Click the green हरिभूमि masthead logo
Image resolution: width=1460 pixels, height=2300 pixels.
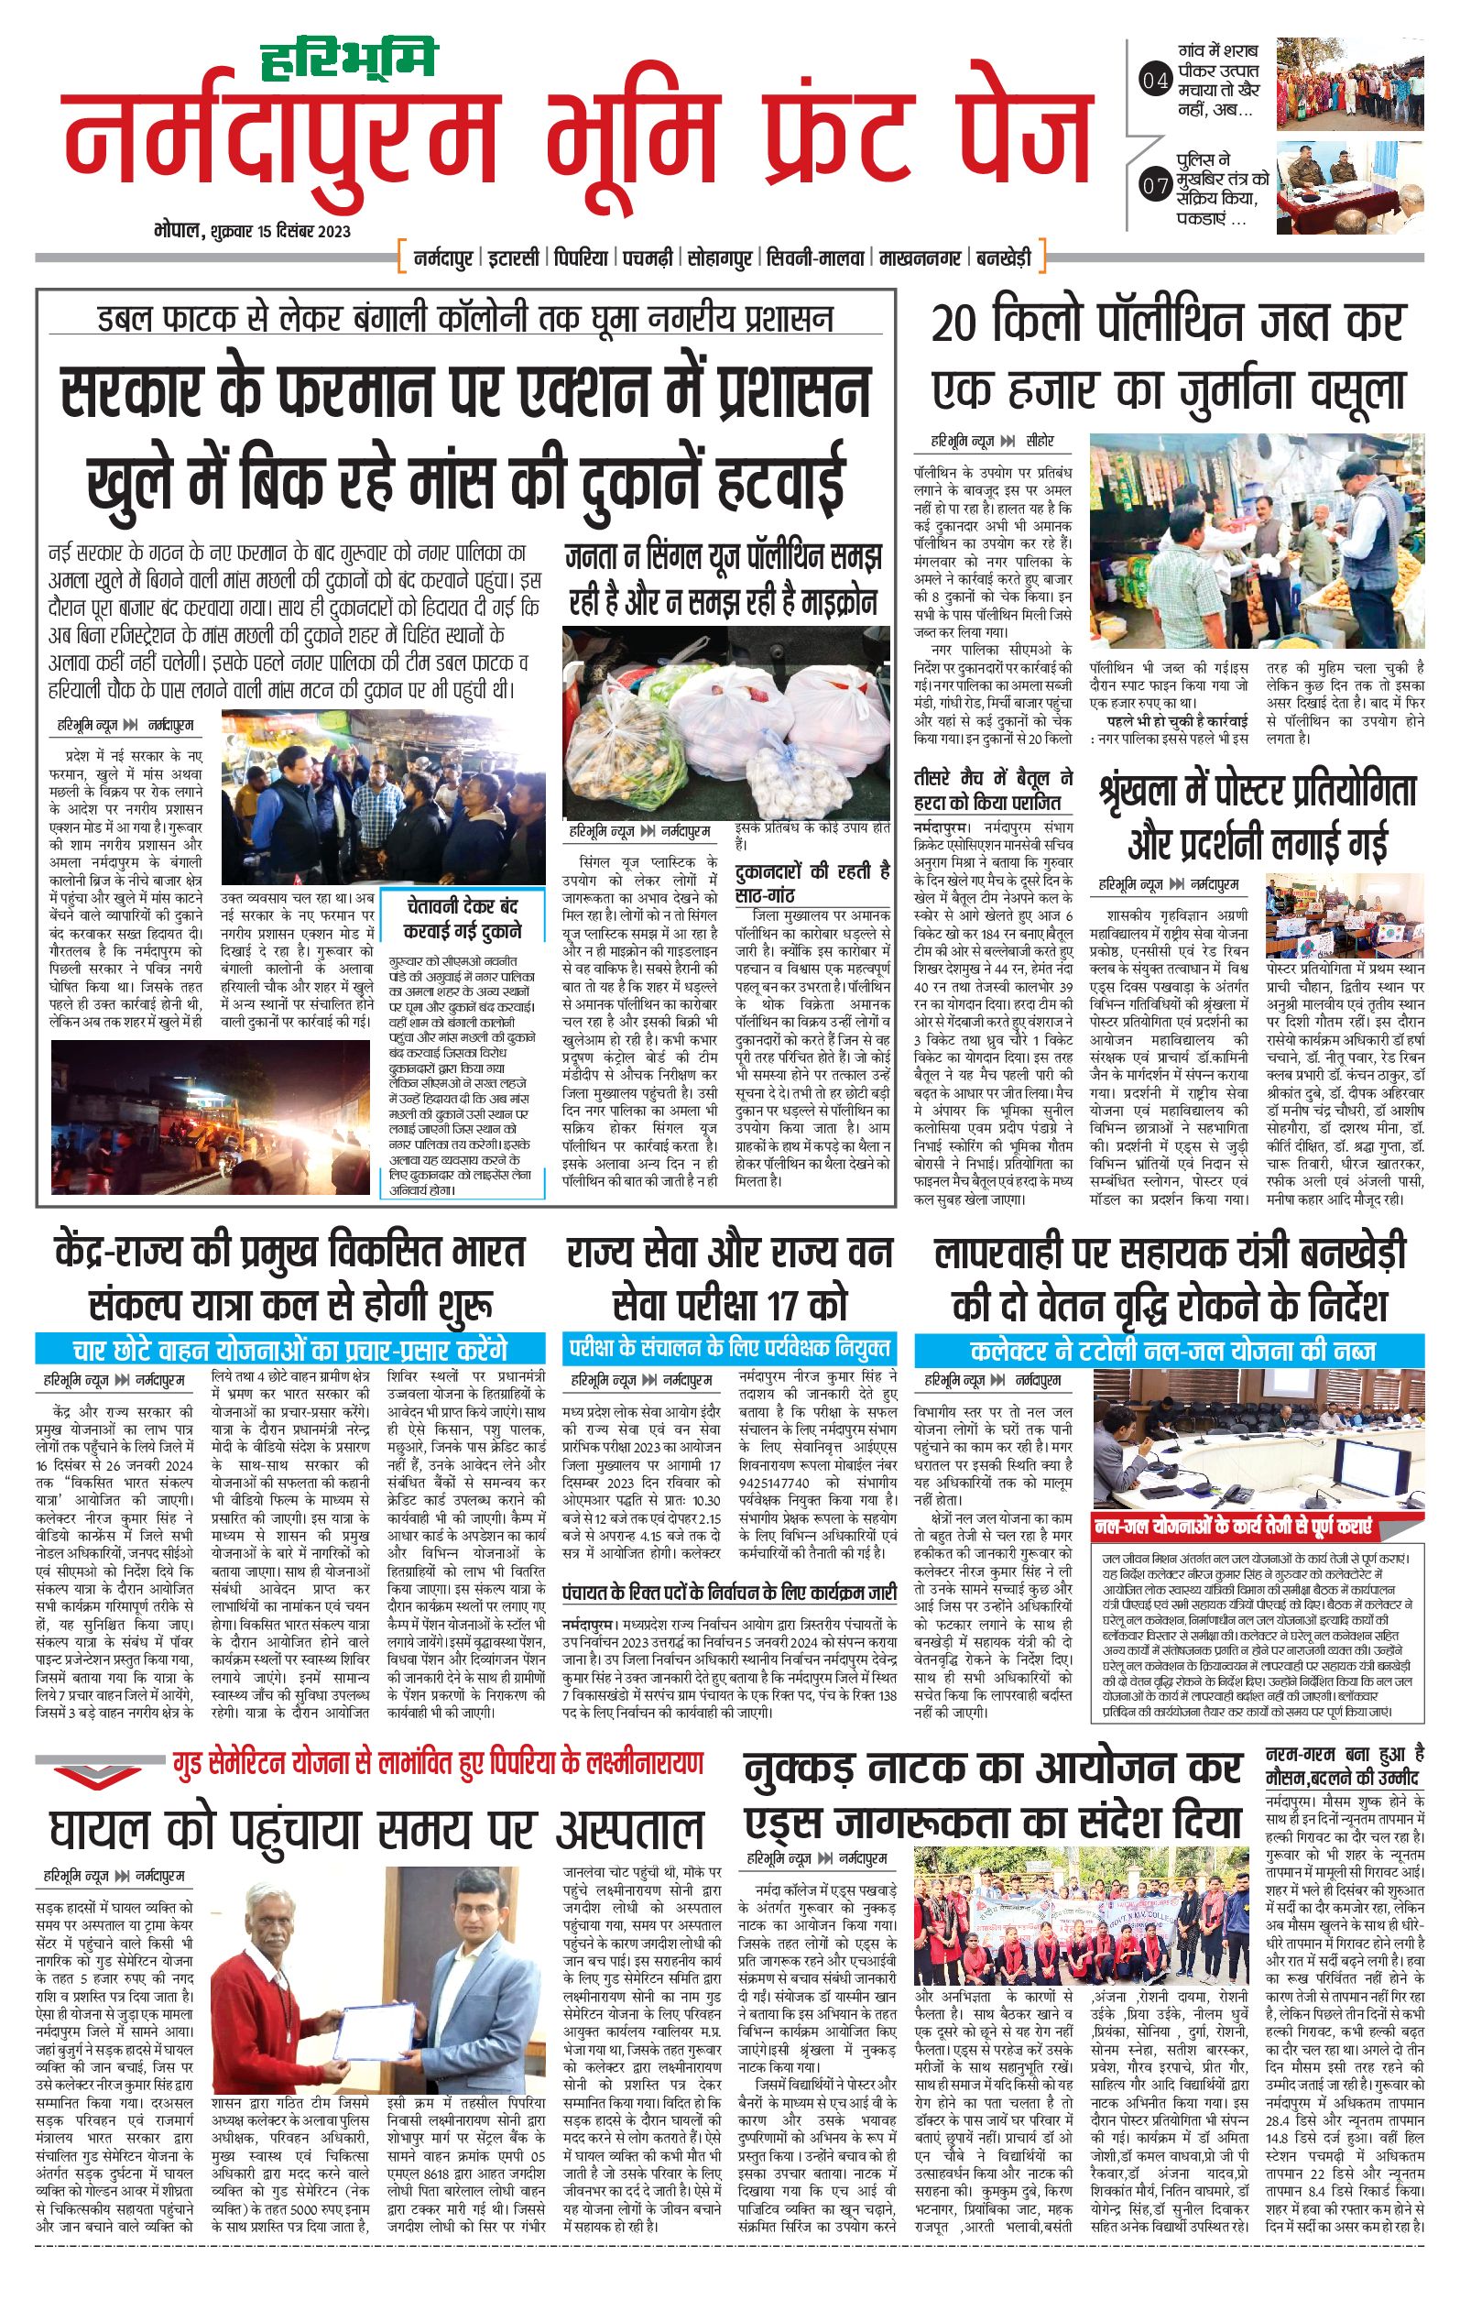347,59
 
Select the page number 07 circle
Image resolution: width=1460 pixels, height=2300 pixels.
1154,185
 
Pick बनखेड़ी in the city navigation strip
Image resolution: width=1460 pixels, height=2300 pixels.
1004,257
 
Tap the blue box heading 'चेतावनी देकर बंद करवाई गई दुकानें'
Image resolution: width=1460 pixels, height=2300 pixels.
462,917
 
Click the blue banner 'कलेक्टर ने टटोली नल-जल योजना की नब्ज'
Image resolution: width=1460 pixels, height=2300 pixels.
1171,1350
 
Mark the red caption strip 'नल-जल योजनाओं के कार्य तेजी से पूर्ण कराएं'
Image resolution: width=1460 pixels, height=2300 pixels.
1233,1527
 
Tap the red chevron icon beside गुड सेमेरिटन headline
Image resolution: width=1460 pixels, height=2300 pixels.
84,1774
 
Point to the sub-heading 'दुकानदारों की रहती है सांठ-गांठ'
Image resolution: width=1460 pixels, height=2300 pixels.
812,882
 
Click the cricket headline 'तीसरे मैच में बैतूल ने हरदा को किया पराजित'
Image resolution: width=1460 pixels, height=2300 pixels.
993,790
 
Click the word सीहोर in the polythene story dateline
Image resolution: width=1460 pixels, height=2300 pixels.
1040,442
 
